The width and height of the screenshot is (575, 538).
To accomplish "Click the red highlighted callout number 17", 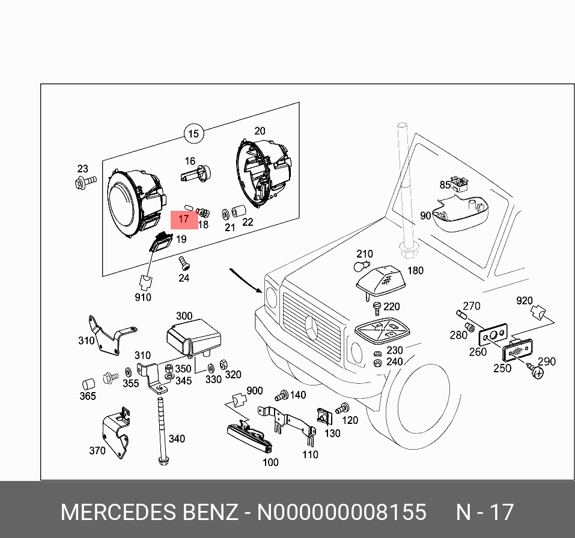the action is pos(184,220).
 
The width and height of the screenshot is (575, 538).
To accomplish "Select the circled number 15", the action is pos(193,133).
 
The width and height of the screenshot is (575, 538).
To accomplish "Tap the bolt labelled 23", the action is pos(85,182).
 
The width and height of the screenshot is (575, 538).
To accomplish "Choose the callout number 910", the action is pos(144,297).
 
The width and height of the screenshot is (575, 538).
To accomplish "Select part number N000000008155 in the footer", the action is pos(342,512).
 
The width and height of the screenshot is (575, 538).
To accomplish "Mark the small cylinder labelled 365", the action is pos(88,384).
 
